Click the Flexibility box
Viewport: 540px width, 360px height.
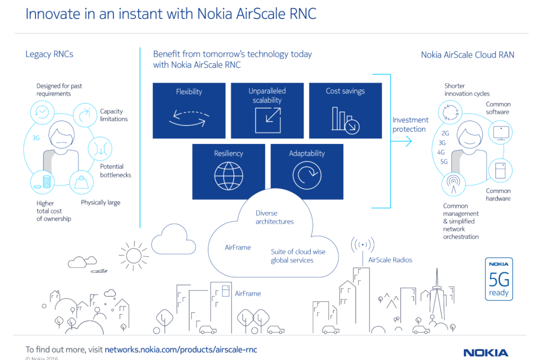(189, 110)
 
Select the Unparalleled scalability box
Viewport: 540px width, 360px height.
(267, 110)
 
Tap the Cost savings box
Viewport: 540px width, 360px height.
(345, 110)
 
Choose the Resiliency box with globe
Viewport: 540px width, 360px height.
(228, 171)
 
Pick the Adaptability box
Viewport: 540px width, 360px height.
(307, 171)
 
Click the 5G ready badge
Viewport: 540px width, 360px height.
(498, 279)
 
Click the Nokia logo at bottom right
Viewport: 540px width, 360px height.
(485, 353)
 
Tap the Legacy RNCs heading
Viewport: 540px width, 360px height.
(49, 54)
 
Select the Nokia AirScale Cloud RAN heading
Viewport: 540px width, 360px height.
(467, 55)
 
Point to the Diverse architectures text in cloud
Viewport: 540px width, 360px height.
(274, 217)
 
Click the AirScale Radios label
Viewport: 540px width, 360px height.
(390, 260)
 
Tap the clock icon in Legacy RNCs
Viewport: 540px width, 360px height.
(42, 111)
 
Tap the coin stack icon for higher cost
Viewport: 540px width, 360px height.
(42, 182)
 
